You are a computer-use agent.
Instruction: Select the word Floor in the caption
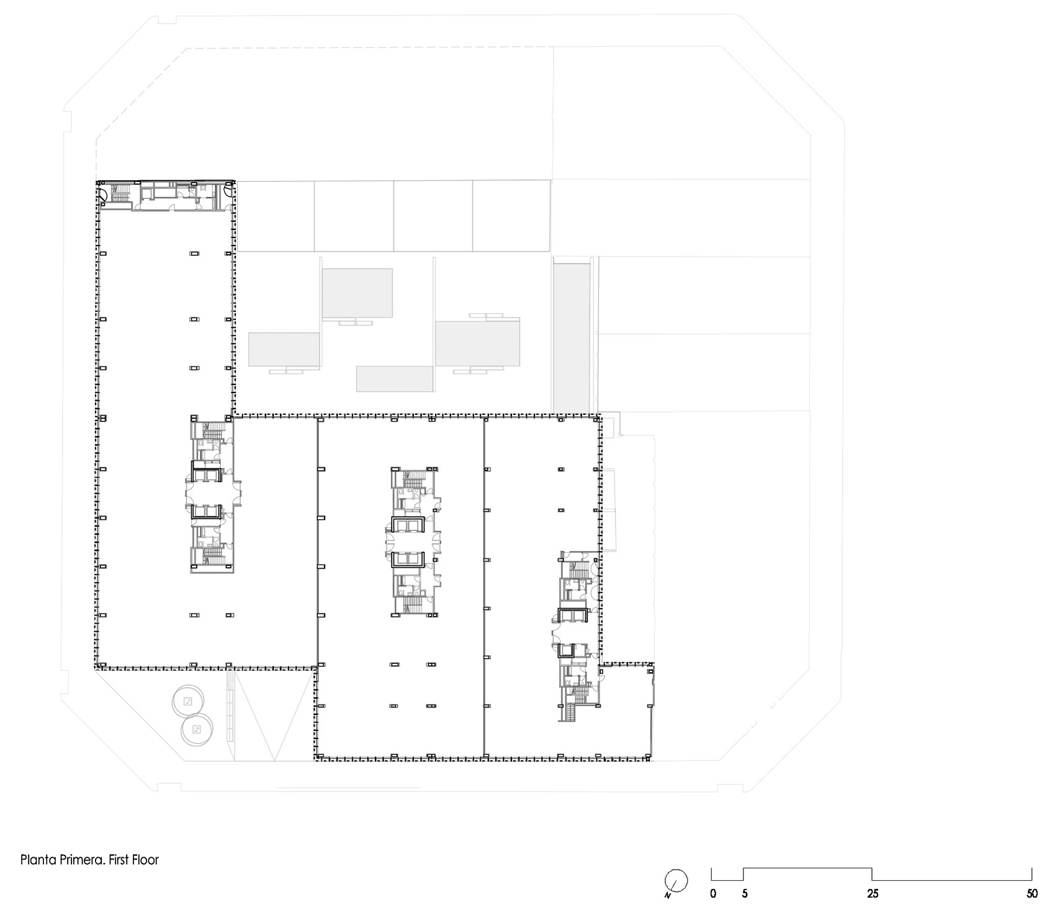(146, 860)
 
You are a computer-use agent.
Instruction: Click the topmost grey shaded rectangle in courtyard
(357, 293)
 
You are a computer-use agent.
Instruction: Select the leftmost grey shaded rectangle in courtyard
(284, 349)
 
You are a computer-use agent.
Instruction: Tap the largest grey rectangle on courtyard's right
(477, 343)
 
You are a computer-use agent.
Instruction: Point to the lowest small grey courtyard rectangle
(394, 379)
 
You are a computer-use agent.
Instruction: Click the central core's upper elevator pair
(407, 525)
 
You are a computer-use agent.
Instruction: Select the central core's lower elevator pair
(407, 559)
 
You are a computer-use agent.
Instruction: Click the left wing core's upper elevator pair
(206, 475)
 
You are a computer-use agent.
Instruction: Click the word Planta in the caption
(37, 860)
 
